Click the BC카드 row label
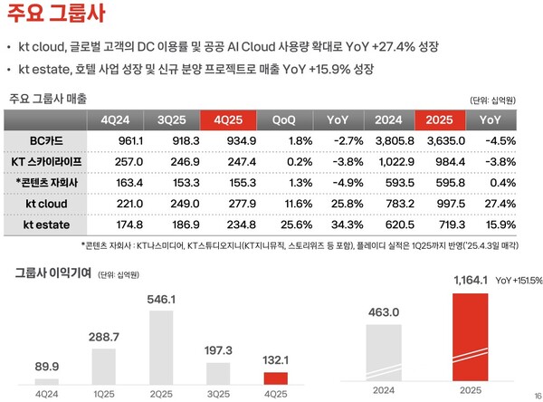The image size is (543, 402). (x=48, y=140)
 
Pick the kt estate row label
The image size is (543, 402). (x=48, y=223)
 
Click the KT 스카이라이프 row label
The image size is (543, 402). (x=48, y=161)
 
